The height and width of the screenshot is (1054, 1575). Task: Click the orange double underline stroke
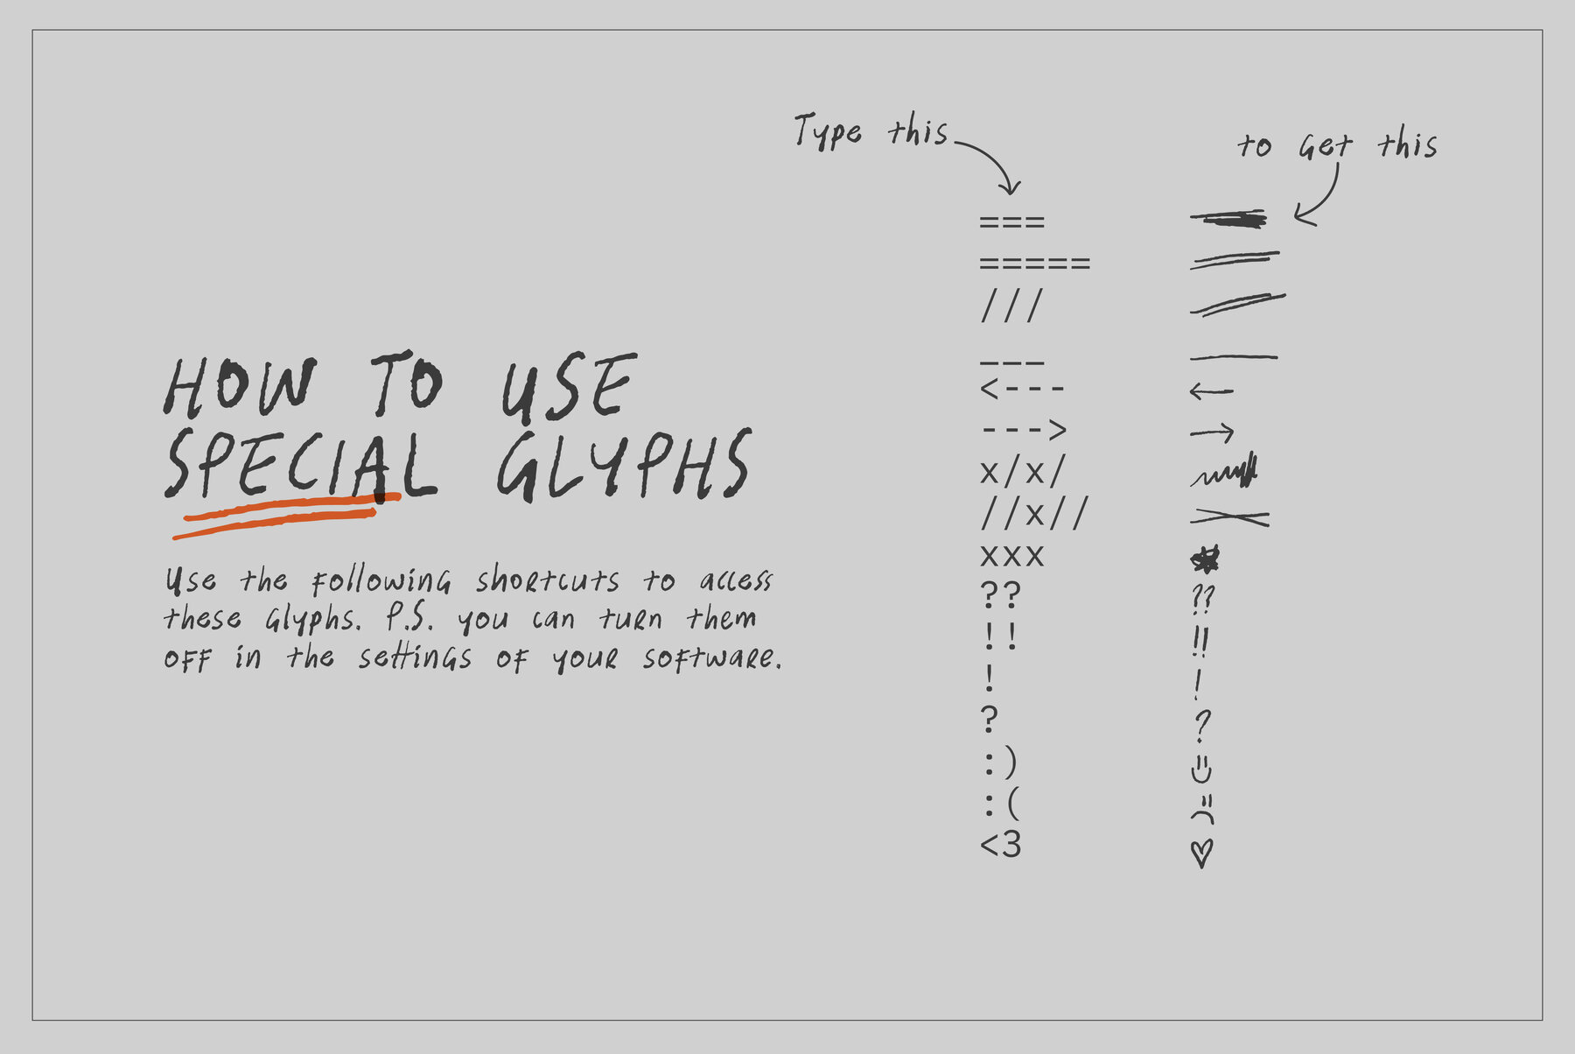[x=287, y=514]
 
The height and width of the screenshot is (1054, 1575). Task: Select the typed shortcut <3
[x=1001, y=845]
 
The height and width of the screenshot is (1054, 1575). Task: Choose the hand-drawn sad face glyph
[x=1203, y=810]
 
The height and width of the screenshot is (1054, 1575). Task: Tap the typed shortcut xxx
[x=1012, y=556]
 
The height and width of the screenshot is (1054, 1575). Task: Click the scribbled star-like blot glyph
[x=1205, y=559]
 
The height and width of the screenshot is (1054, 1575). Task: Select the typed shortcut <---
[x=1022, y=389]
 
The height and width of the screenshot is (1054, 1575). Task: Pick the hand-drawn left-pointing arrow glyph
[x=1212, y=391]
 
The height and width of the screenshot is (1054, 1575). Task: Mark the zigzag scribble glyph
[x=1224, y=473]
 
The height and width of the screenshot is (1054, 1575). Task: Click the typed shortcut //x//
[x=1033, y=513]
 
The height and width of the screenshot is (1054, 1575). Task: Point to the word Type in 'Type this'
[x=828, y=131]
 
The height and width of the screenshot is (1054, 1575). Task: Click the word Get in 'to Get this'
[x=1325, y=146]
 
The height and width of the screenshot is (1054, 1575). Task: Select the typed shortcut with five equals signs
[x=1035, y=263]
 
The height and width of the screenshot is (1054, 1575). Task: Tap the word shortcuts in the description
[x=548, y=580]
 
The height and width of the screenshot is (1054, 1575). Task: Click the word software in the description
[x=712, y=657]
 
